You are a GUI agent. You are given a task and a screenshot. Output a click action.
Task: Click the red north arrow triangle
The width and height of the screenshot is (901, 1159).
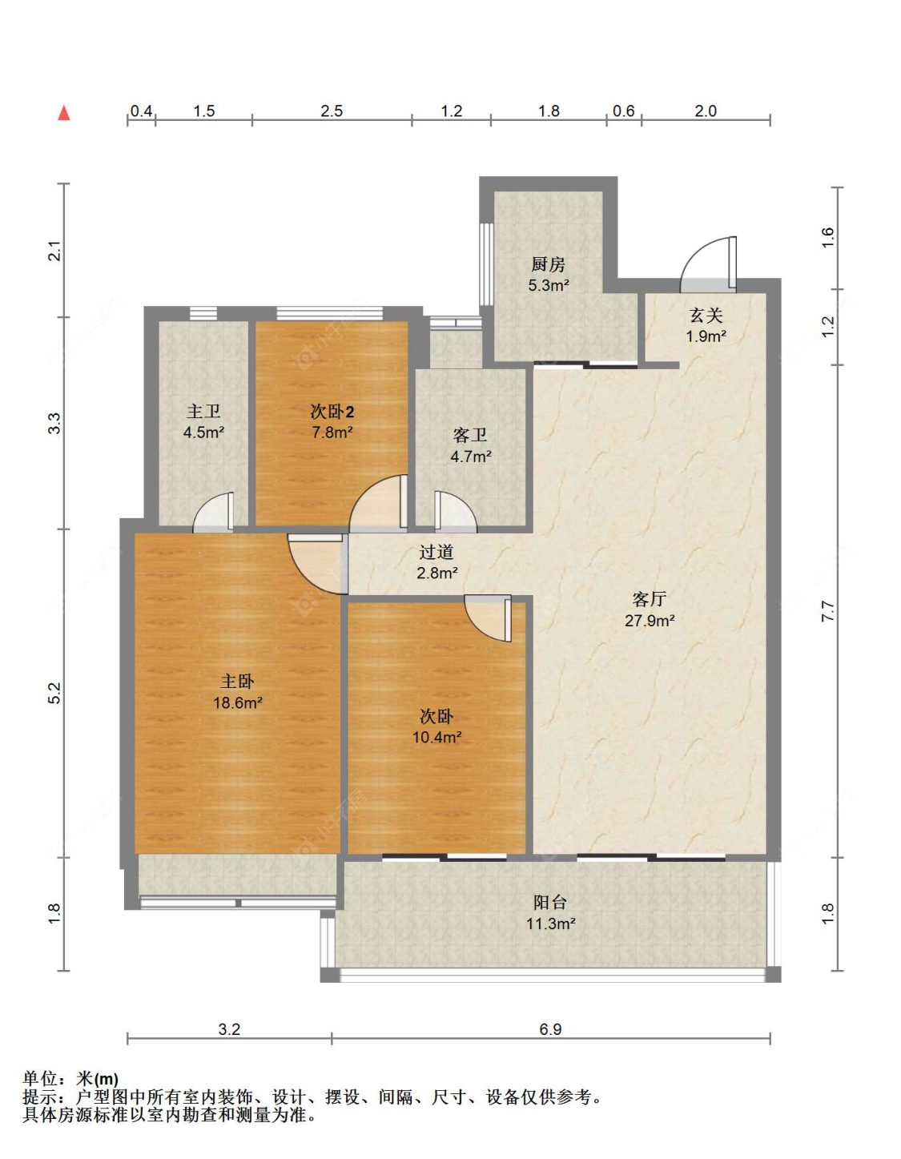[x=64, y=113]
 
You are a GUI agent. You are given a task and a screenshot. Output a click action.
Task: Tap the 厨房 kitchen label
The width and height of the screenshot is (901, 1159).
[x=548, y=264]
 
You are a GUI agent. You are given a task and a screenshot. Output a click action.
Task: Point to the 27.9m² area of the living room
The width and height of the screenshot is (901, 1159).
[x=650, y=620]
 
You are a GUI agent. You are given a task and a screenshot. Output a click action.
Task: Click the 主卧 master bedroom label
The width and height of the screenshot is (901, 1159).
[x=238, y=681]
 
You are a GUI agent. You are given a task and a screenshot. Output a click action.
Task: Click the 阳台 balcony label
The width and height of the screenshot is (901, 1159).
[x=550, y=903]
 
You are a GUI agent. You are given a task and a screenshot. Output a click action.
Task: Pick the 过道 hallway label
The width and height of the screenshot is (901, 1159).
[x=436, y=552]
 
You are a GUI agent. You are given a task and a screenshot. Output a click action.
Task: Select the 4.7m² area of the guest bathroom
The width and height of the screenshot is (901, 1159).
[x=471, y=457]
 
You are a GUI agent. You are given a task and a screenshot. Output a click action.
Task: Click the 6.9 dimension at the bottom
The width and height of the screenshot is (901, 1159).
[x=550, y=1029]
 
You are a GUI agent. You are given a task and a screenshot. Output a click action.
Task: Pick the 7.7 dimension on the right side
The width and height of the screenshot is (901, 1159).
[x=827, y=610]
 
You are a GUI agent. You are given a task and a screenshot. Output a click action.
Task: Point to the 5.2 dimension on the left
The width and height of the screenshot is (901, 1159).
[x=55, y=693]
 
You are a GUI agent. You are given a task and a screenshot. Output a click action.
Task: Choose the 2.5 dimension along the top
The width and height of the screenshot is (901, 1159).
[x=332, y=111]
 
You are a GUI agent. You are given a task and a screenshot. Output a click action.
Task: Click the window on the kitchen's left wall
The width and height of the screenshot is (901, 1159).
[x=486, y=264]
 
